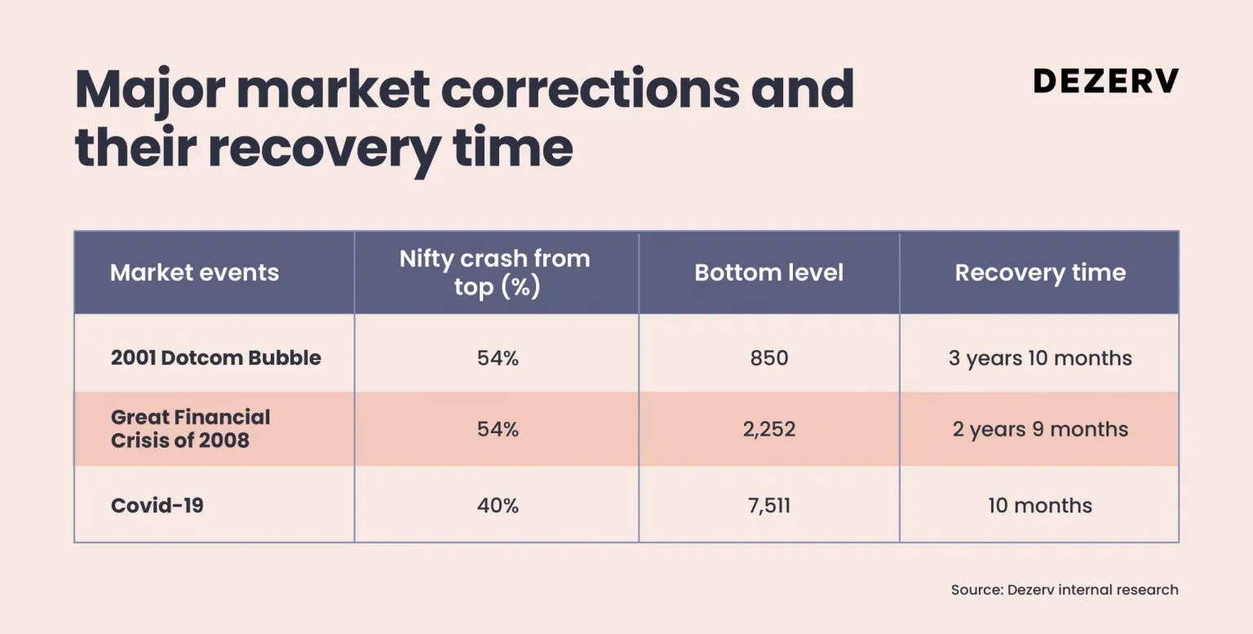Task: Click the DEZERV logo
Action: point(1106,81)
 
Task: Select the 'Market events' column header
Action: point(194,273)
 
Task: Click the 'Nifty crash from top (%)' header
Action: point(495,273)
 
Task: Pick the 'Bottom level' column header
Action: point(768,273)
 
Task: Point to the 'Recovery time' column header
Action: point(1040,273)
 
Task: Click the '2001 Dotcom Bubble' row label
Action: point(216,357)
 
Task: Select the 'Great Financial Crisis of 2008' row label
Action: point(190,428)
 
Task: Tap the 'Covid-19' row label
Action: point(157,505)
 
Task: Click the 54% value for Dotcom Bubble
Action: point(498,357)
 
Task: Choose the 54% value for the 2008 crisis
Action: point(498,429)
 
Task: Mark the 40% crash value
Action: point(498,505)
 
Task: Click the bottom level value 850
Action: point(769,357)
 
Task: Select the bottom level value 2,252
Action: point(769,429)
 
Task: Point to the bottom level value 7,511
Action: point(769,505)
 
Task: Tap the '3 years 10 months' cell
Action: point(1040,357)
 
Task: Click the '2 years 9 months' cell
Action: point(1040,429)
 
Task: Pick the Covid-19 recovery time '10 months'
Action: point(1040,505)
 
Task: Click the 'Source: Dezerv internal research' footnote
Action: point(1065,590)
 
